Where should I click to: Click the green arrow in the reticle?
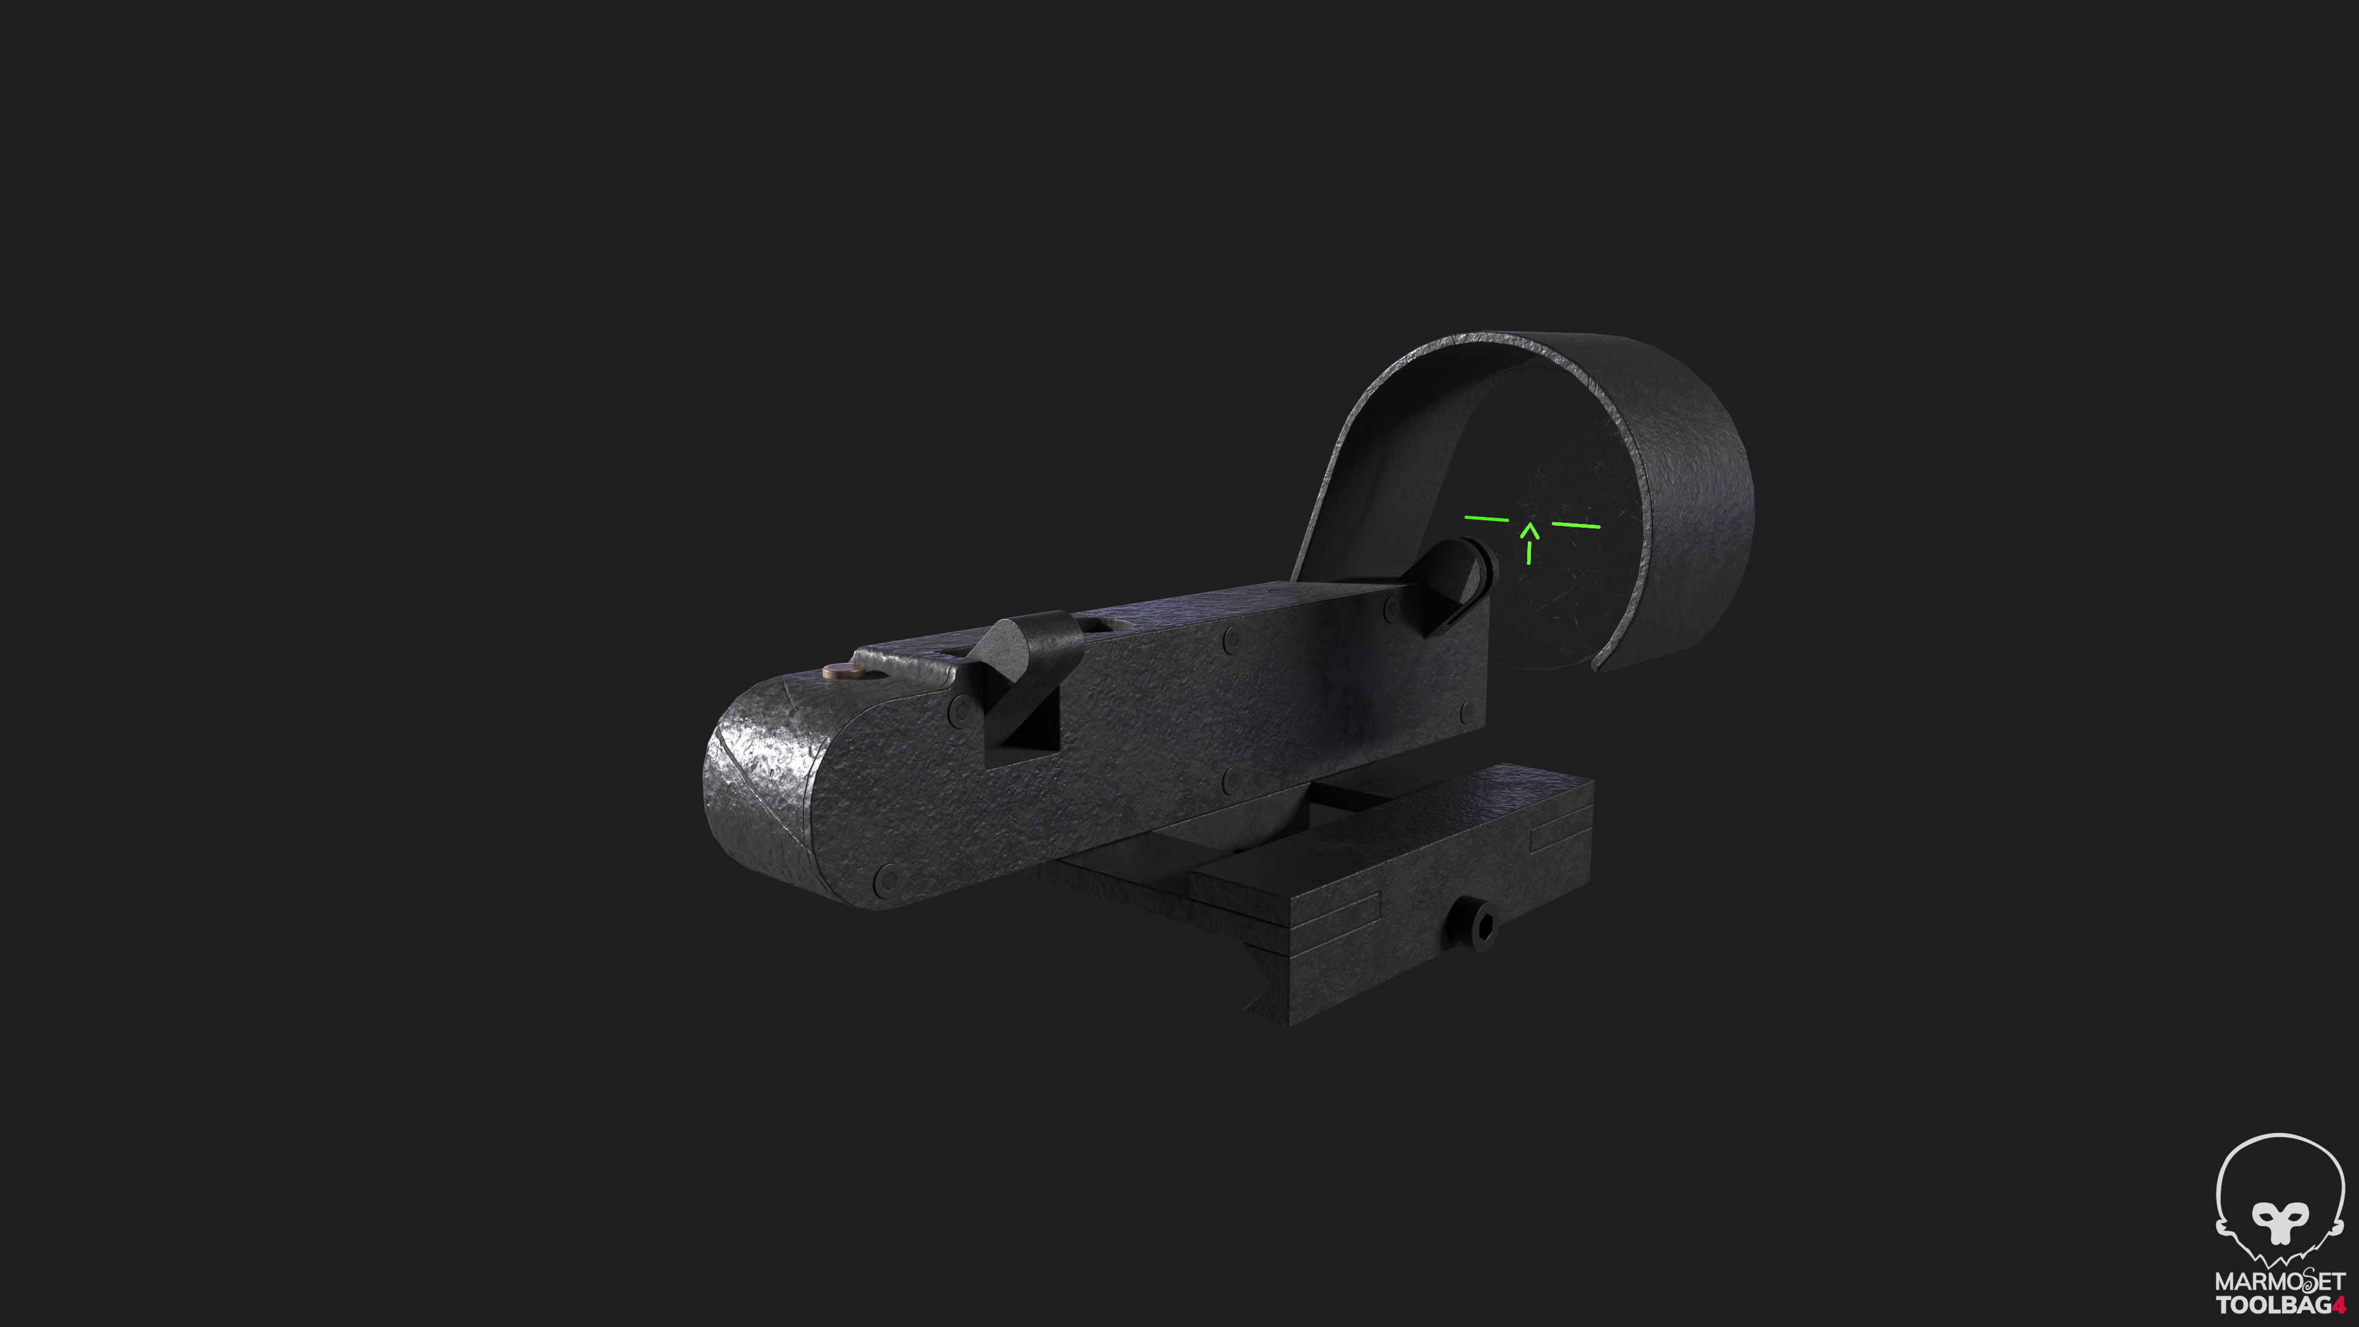click(x=1529, y=541)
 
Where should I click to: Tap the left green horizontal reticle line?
click(x=1486, y=519)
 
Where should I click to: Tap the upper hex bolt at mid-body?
click(x=1232, y=640)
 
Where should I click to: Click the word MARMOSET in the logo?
click(x=2279, y=1280)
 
